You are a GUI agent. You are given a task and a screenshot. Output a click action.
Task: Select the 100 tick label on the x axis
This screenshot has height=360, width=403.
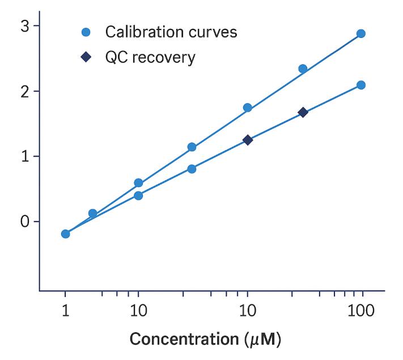(x=360, y=311)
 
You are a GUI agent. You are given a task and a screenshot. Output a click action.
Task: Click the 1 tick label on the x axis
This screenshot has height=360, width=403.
(x=65, y=311)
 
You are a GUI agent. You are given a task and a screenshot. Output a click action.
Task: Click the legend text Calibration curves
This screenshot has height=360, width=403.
(x=171, y=32)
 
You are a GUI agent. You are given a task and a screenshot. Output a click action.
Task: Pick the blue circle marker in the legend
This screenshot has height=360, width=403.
(x=86, y=32)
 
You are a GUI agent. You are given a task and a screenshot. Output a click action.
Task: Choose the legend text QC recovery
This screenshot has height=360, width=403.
(x=150, y=58)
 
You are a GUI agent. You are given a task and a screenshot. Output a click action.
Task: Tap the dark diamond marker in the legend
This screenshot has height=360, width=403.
(x=86, y=58)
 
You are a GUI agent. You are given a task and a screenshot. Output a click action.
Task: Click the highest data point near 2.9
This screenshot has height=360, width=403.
(x=360, y=33)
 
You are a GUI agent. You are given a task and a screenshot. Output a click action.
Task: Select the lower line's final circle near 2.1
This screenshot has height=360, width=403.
(x=360, y=85)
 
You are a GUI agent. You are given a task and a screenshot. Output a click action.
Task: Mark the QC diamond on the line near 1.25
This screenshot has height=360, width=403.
(x=248, y=140)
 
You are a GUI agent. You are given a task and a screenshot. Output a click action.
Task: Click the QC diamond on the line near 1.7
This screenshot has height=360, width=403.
(x=303, y=112)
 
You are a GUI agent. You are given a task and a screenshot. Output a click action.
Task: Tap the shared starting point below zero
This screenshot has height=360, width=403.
(x=65, y=234)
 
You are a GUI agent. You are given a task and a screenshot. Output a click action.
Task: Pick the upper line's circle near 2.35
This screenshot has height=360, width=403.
(x=303, y=69)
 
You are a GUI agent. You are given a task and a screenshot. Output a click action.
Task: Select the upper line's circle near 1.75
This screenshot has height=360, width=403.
(x=248, y=108)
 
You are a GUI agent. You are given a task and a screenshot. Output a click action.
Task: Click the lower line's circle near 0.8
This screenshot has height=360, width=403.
(x=192, y=169)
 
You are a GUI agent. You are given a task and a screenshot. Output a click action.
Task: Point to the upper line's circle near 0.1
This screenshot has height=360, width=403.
(x=92, y=214)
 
